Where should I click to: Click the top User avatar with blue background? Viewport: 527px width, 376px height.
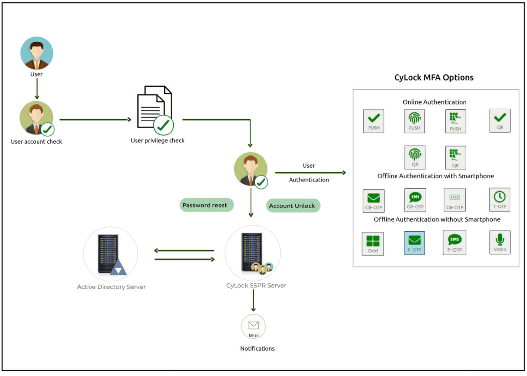pyautogui.click(x=37, y=53)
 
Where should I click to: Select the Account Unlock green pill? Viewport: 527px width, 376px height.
pyautogui.click(x=293, y=206)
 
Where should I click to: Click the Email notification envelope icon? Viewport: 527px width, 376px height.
pyautogui.click(x=253, y=326)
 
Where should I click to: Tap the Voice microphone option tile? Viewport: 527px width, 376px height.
pyautogui.click(x=499, y=242)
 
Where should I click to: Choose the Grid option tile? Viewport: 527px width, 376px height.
pyautogui.click(x=373, y=244)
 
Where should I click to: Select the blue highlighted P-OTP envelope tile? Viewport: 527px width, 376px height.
pyautogui.click(x=414, y=243)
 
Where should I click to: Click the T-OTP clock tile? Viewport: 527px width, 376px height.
pyautogui.click(x=499, y=200)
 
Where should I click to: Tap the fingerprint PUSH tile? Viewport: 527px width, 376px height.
pyautogui.click(x=414, y=121)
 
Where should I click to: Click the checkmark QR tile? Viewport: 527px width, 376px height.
pyautogui.click(x=499, y=120)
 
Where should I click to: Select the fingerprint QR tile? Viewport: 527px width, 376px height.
pyautogui.click(x=414, y=157)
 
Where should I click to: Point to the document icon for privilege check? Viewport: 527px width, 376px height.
pyautogui.click(x=155, y=109)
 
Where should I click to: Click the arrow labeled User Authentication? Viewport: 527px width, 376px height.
pyautogui.click(x=310, y=173)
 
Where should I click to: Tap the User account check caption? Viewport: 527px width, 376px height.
pyautogui.click(x=36, y=142)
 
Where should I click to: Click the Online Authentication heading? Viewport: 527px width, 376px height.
pyautogui.click(x=434, y=102)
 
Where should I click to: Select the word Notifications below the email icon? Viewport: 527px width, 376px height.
pyautogui.click(x=257, y=348)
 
